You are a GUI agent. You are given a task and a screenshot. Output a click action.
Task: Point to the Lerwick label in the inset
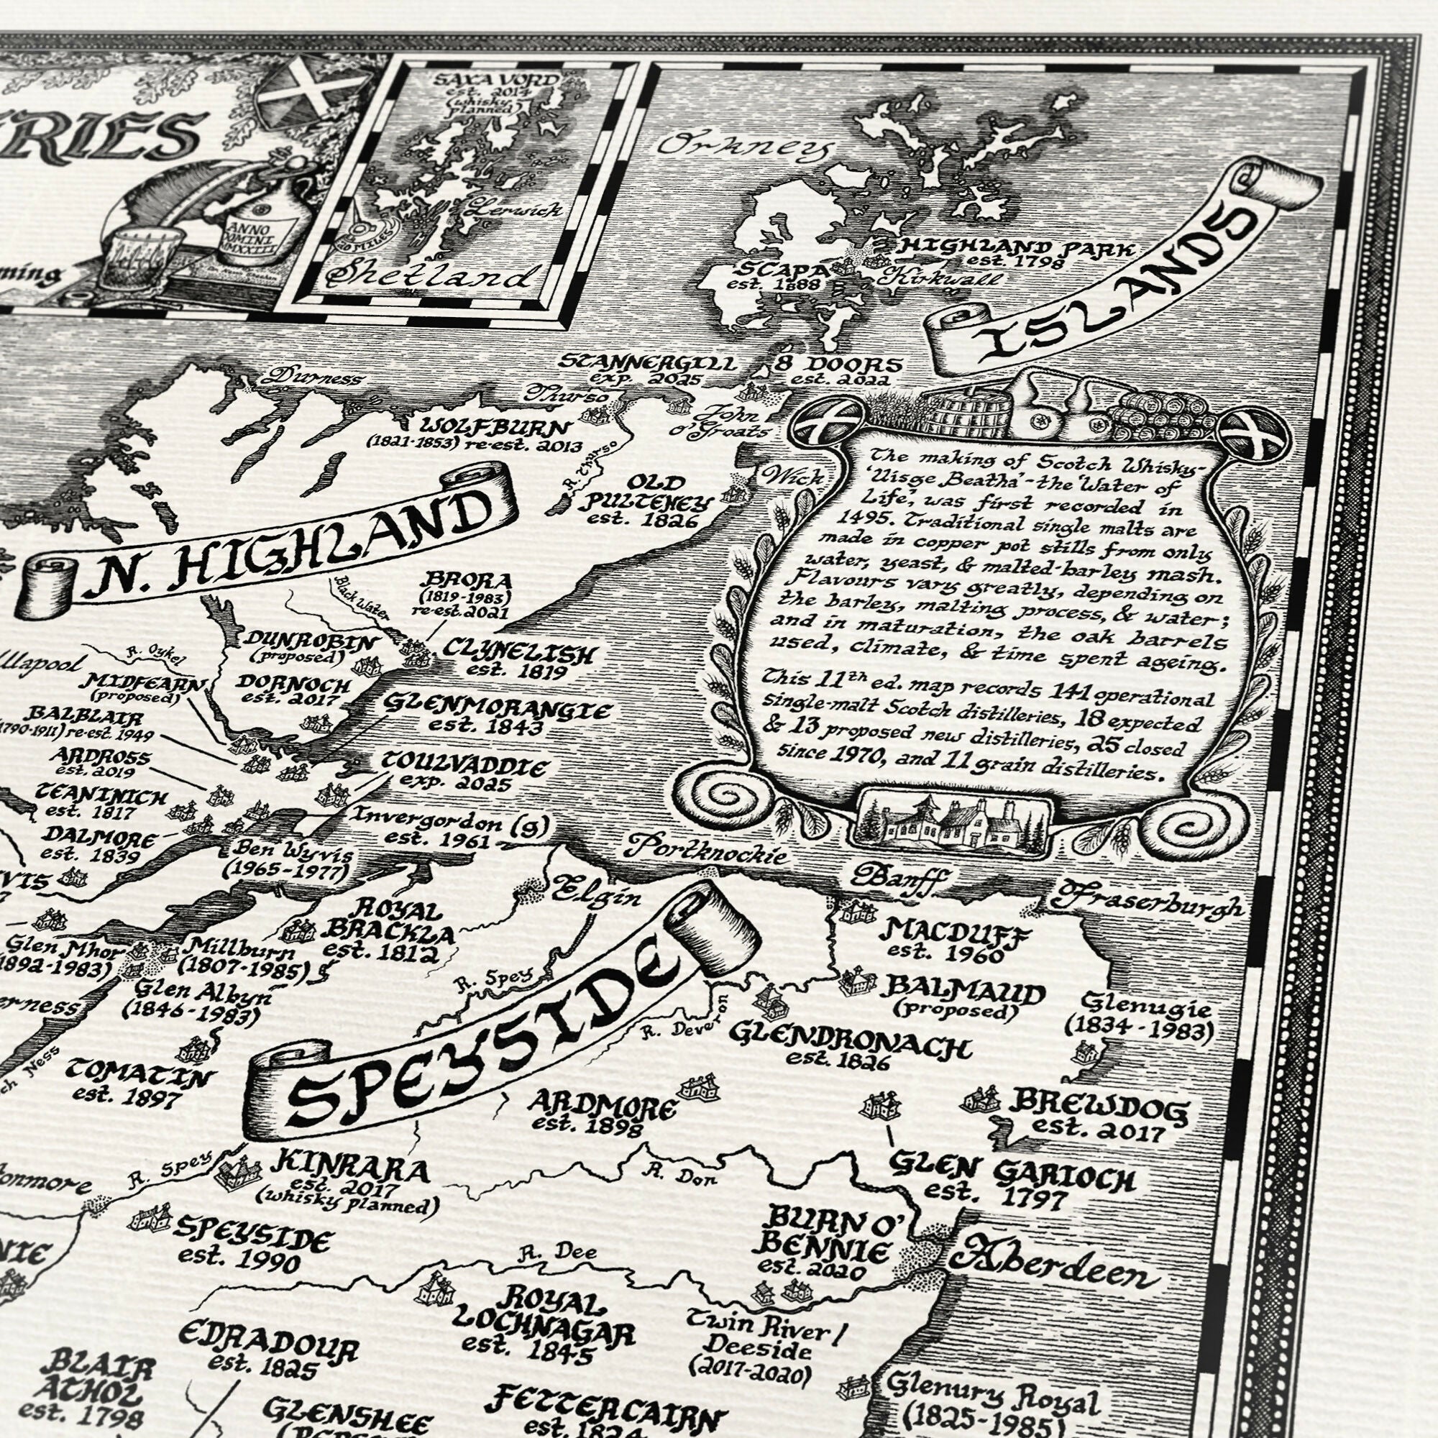(514, 210)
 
